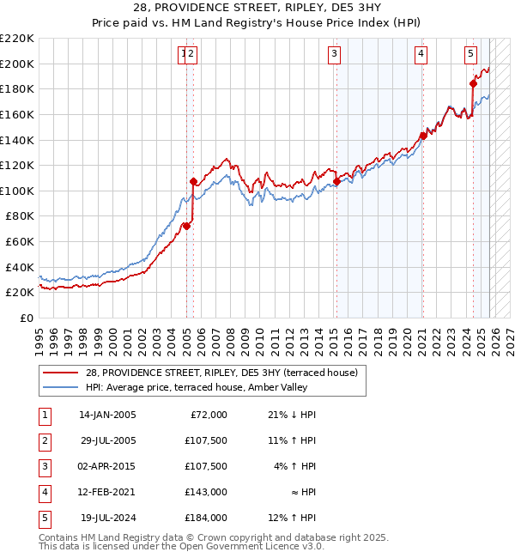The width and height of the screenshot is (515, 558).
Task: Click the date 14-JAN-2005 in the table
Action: coord(107,415)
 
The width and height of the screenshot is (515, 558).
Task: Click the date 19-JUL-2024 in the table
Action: coord(107,518)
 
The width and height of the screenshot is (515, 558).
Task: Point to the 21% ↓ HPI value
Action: coord(291,415)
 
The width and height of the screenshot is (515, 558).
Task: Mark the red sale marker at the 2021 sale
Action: coord(422,136)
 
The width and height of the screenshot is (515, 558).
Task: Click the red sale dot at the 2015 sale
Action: coord(336,181)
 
